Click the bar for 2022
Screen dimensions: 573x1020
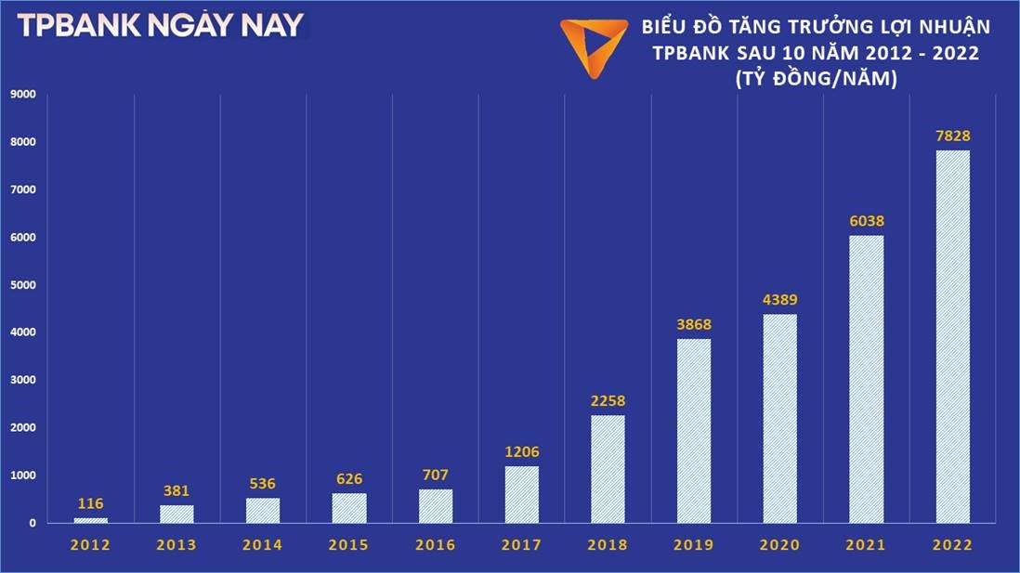pos(952,336)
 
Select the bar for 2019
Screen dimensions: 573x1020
pos(694,431)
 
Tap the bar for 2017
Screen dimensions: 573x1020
pos(522,494)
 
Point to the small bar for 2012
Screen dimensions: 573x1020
pos(91,520)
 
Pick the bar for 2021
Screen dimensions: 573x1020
pos(867,379)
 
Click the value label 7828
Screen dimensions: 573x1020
pos(952,137)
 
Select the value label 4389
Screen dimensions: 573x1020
pos(779,300)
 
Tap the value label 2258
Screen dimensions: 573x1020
pos(608,401)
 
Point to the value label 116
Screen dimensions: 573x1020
pos(91,502)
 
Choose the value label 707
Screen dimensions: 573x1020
pos(436,475)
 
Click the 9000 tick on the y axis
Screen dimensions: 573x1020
pos(22,94)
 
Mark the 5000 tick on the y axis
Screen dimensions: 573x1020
pos(22,285)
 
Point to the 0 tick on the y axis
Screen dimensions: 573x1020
pos(32,524)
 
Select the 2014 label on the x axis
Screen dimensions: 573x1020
pos(263,546)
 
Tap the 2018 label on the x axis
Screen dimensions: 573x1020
pos(608,546)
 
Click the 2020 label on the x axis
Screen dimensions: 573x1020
pos(779,546)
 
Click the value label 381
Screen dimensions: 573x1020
pos(177,490)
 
